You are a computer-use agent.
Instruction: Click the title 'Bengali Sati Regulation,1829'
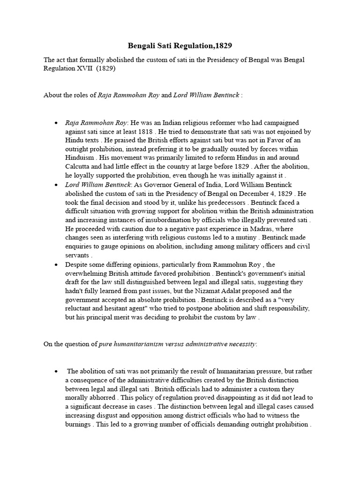(x=180, y=46)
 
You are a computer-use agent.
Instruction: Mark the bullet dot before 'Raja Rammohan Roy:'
(x=56, y=123)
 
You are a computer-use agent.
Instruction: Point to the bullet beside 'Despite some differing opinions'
(x=56, y=265)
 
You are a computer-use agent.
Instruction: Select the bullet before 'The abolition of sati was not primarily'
(x=56, y=371)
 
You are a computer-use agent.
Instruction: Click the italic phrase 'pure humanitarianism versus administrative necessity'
(x=177, y=345)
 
